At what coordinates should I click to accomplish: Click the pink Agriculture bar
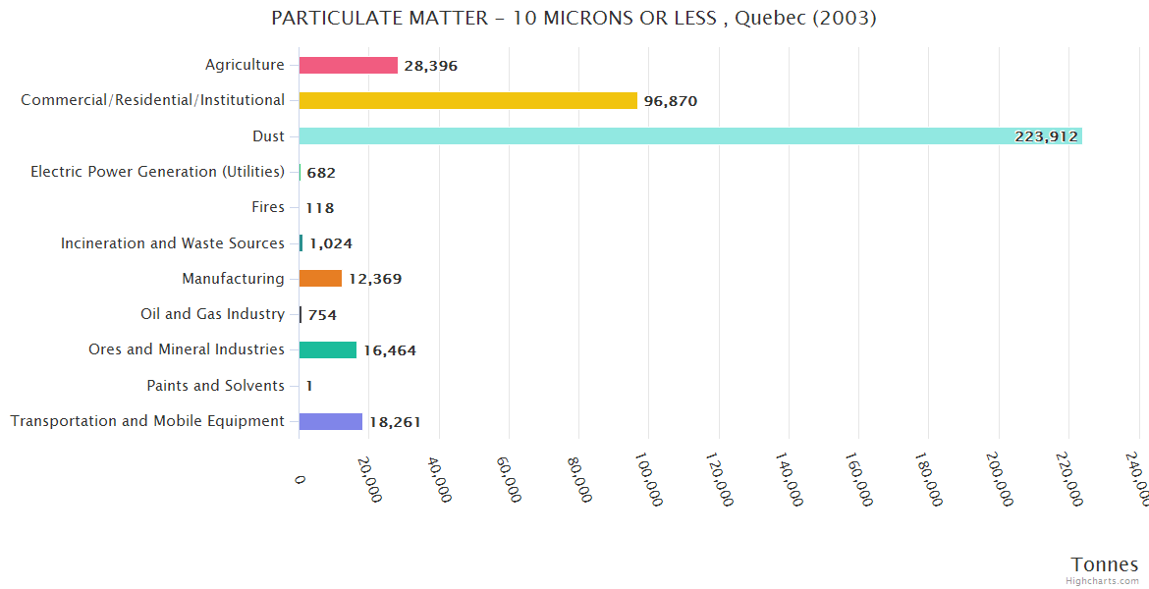pos(348,65)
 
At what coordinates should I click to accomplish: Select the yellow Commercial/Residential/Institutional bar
pos(467,100)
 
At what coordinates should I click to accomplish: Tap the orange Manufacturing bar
pos(320,278)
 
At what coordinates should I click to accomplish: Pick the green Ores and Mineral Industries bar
pos(328,349)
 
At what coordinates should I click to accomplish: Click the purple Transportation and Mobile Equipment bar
pos(331,421)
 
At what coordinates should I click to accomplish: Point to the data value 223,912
pos(1046,136)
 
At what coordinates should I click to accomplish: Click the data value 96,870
pos(671,101)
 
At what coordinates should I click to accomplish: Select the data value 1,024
pos(331,243)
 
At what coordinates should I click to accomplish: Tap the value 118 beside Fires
pos(320,208)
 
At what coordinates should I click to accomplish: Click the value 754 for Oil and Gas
pos(322,315)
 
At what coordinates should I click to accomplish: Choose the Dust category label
pos(268,136)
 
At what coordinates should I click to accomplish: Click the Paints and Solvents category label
pos(215,386)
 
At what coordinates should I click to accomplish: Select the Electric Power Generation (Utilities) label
pos(157,172)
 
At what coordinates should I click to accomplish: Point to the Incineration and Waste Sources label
pos(172,243)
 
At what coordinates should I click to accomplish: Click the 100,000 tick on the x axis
pos(648,478)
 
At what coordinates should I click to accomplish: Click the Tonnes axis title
pos(1104,564)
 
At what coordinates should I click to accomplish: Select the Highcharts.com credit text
pos(1103,581)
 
